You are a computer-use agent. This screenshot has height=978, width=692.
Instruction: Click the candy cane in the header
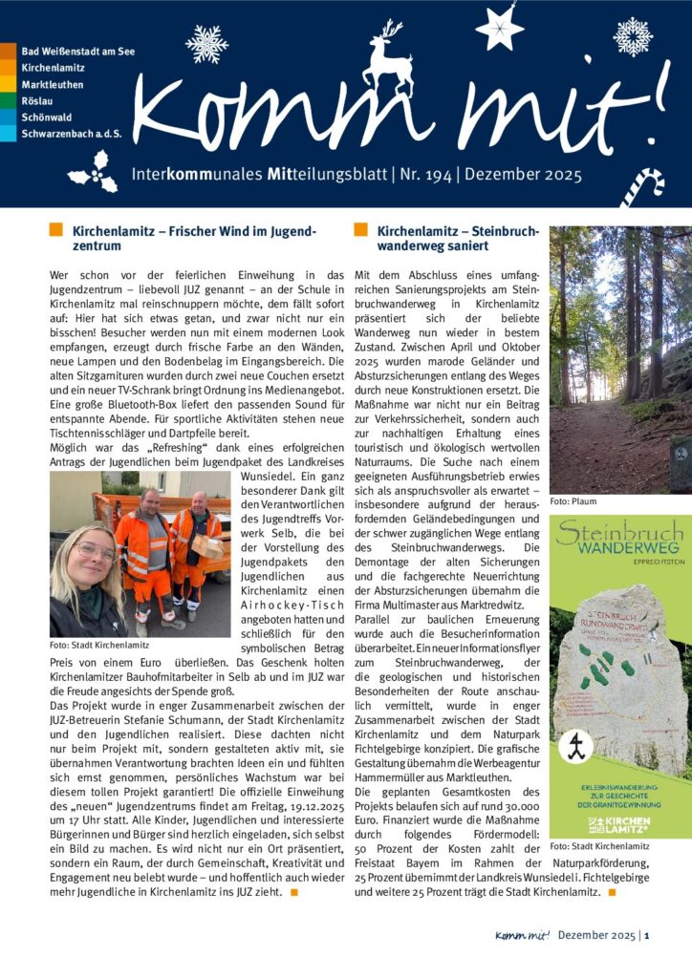click(641, 186)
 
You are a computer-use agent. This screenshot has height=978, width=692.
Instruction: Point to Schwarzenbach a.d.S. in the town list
click(71, 134)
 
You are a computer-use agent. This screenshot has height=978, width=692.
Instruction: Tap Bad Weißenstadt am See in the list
click(77, 51)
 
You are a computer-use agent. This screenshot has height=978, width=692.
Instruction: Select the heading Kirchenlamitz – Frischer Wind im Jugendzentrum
click(191, 238)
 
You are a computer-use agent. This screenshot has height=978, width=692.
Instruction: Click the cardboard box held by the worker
click(208, 545)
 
